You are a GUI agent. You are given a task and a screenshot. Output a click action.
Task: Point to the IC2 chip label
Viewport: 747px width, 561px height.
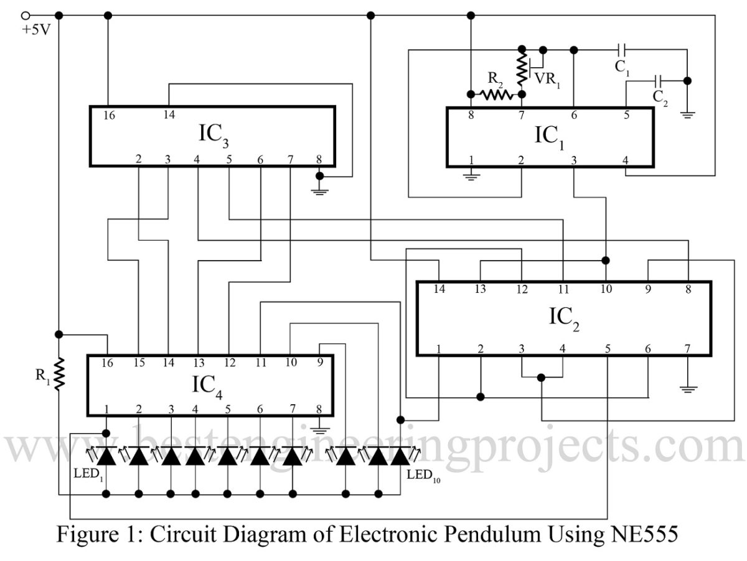tap(563, 317)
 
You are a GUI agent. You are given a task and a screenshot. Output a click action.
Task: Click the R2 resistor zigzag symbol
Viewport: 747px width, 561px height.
tap(496, 95)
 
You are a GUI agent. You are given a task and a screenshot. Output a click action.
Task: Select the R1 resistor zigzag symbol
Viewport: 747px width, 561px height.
tap(59, 373)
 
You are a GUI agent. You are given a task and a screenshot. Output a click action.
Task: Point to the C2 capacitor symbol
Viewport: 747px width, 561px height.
tap(659, 80)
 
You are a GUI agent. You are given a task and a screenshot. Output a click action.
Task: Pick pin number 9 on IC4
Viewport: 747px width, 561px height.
tap(319, 361)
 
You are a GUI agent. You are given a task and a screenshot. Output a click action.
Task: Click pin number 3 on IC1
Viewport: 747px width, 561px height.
tap(573, 160)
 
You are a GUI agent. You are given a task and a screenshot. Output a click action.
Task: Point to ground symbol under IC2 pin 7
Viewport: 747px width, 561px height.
tap(687, 389)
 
